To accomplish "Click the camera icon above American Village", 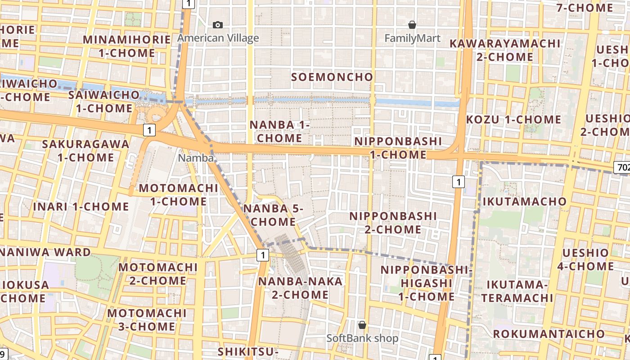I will point(218,25).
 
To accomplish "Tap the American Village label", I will point(218,38).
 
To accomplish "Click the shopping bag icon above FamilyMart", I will point(412,25).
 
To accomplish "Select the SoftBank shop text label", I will point(362,338).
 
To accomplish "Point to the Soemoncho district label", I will point(332,77).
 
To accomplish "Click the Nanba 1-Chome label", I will point(279,131).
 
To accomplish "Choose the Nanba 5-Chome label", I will point(273,215).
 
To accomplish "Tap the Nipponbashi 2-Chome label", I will point(393,223).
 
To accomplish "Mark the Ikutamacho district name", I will point(524,201).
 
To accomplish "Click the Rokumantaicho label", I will point(549,334).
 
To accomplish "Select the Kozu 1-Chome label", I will point(513,120).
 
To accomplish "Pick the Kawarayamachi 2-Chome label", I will point(505,50).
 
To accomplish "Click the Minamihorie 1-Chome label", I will point(127,46).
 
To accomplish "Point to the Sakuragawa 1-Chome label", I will point(85,151).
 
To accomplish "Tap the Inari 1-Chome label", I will point(81,207).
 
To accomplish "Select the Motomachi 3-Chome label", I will point(147,319).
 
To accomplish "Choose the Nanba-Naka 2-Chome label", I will point(300,288).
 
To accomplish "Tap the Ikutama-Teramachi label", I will point(517,291).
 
